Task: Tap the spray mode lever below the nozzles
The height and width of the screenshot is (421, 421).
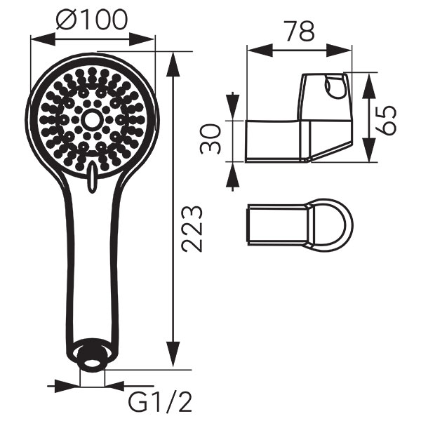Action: tap(91, 178)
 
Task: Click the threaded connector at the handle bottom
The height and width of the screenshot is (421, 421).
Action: tap(92, 355)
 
